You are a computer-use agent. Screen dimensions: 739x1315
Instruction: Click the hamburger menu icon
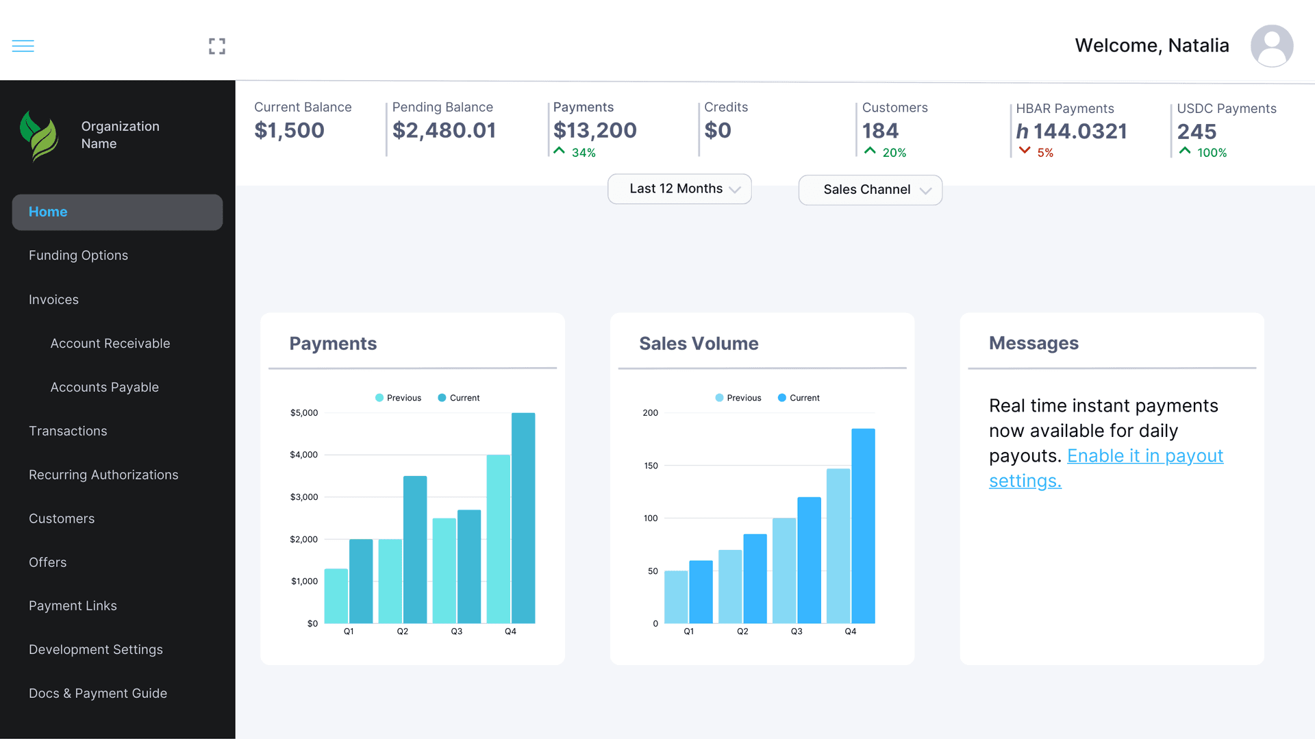click(23, 46)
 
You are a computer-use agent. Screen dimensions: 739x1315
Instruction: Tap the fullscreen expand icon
click(217, 46)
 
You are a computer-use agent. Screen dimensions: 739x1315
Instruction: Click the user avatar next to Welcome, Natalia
click(1271, 46)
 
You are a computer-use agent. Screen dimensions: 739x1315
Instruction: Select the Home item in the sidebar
click(117, 212)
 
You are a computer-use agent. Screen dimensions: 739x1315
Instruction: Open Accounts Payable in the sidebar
click(104, 388)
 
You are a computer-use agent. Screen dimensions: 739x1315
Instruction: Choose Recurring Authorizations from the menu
click(103, 475)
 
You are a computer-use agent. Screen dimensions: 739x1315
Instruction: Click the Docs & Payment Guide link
click(98, 694)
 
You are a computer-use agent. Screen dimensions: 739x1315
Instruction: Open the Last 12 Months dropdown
click(679, 189)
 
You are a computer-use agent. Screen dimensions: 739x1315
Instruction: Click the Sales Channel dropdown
click(870, 190)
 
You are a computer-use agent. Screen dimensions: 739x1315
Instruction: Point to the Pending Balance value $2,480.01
click(444, 131)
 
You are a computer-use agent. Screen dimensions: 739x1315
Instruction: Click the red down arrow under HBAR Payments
click(1025, 151)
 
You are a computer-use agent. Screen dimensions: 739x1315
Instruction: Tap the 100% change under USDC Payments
click(1212, 153)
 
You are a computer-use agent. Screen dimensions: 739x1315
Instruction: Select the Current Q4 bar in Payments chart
click(523, 518)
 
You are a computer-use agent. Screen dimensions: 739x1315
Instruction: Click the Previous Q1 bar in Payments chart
click(336, 596)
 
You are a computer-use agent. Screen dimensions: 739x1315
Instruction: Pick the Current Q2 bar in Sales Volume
click(755, 579)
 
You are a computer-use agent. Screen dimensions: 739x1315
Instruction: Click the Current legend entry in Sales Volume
click(799, 398)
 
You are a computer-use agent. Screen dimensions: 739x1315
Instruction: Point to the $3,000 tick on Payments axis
click(304, 497)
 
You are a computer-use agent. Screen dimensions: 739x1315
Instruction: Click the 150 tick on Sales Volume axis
click(651, 466)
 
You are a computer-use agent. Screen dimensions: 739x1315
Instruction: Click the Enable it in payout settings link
click(1144, 456)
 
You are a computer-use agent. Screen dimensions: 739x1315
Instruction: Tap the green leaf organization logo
click(39, 136)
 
